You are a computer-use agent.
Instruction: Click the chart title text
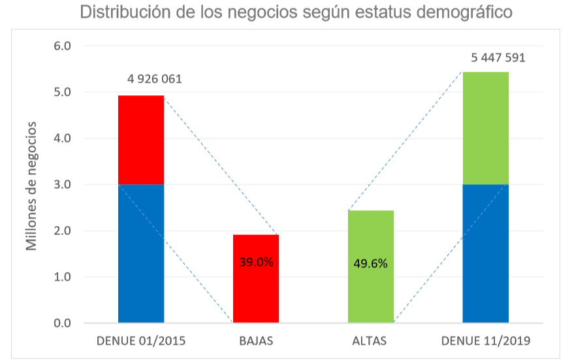(x=296, y=12)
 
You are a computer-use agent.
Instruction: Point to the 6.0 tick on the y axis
(x=63, y=46)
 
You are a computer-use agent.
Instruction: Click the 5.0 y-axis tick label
(x=63, y=93)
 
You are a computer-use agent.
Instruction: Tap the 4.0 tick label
(x=63, y=139)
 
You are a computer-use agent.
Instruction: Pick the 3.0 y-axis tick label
(x=63, y=185)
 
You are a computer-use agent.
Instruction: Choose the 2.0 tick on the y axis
(x=63, y=231)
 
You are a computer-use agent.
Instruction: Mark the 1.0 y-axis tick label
(x=63, y=277)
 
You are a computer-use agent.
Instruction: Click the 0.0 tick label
(x=63, y=323)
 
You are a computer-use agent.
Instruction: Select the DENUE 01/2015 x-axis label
(x=141, y=341)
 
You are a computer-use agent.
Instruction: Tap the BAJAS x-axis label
(x=256, y=341)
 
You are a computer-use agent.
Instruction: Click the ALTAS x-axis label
(x=370, y=341)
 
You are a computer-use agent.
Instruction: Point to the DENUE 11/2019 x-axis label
(x=485, y=341)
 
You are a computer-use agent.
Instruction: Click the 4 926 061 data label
(x=154, y=80)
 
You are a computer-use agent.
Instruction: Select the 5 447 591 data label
(x=498, y=57)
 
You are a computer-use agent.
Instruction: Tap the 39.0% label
(x=256, y=263)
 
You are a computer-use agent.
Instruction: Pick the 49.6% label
(x=371, y=264)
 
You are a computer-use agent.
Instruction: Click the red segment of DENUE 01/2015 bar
(x=141, y=140)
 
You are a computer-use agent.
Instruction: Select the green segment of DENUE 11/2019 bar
(x=486, y=128)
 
